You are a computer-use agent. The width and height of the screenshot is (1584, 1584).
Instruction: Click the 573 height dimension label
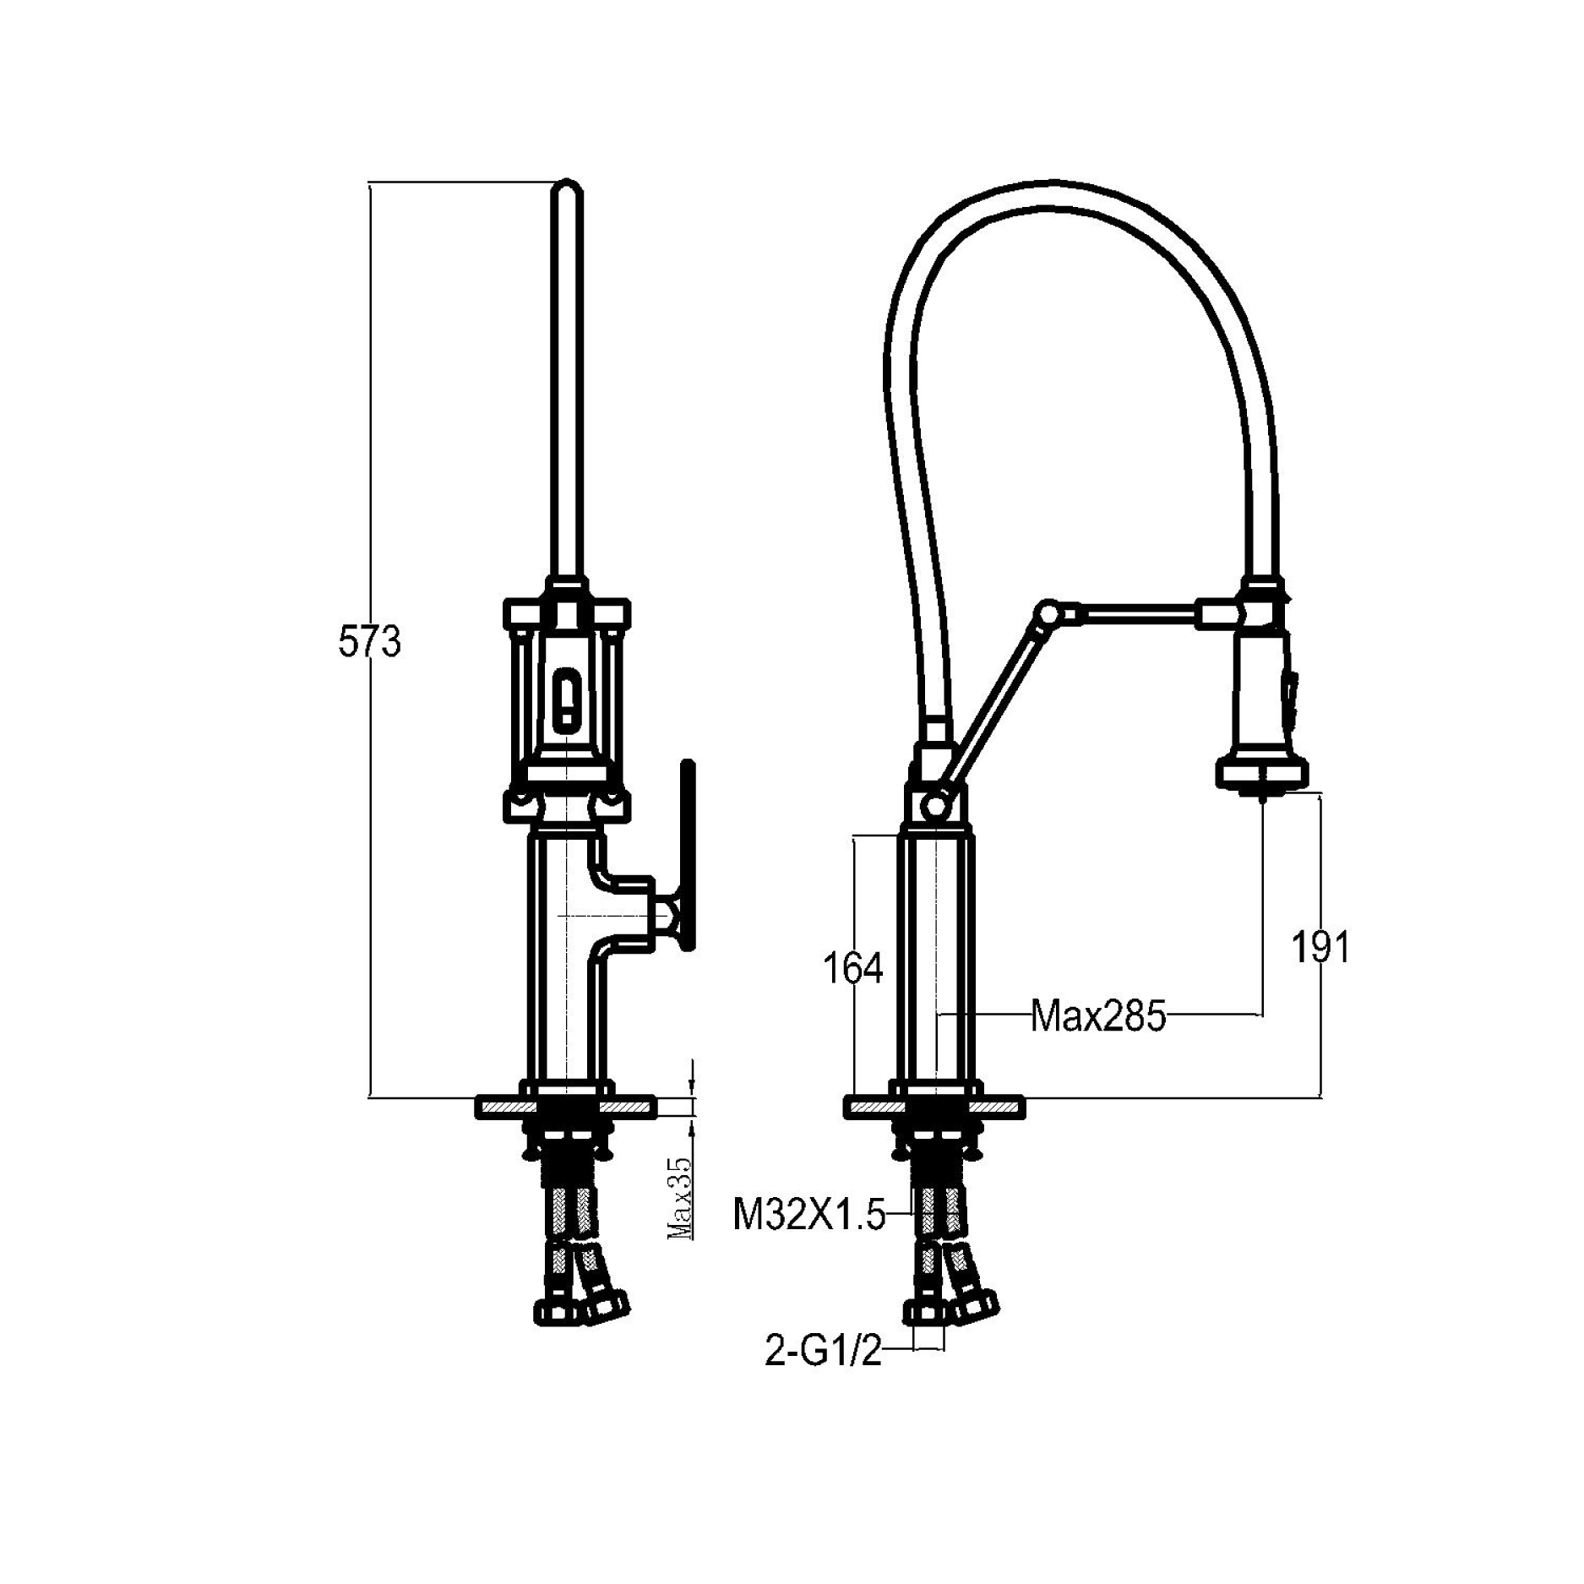(369, 644)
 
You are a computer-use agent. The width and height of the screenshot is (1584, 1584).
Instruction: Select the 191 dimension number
(1321, 947)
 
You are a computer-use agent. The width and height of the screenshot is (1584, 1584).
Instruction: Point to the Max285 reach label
(1097, 1016)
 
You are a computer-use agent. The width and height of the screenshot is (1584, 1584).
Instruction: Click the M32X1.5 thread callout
(808, 1217)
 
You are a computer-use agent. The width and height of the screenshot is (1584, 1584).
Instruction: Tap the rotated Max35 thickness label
(681, 1198)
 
